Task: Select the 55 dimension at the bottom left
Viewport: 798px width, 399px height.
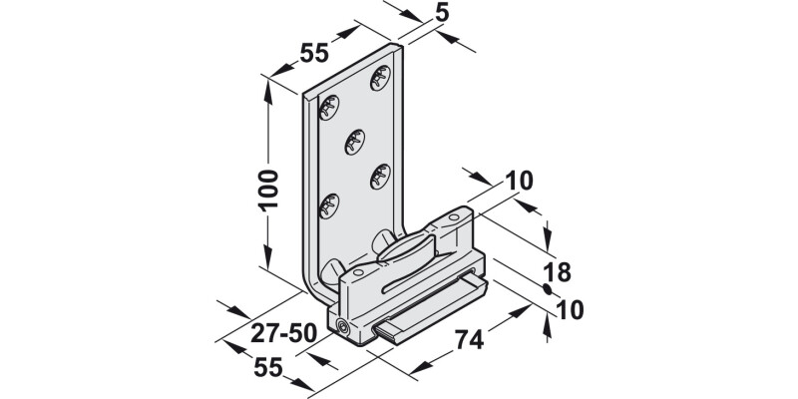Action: pyautogui.click(x=266, y=366)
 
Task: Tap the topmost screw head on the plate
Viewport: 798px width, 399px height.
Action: pyautogui.click(x=378, y=77)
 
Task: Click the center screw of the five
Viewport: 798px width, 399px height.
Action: pyautogui.click(x=354, y=142)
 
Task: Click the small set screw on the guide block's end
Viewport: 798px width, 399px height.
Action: pyautogui.click(x=344, y=328)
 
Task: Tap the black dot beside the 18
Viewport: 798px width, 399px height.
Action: pyautogui.click(x=547, y=289)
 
